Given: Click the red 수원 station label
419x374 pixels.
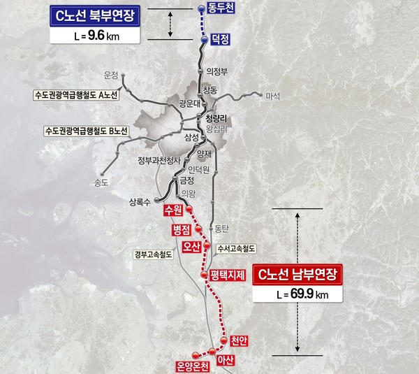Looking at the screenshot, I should [x=171, y=210].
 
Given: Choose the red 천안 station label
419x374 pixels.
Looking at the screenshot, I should [x=239, y=341].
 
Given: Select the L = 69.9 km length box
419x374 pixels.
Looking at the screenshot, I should [x=301, y=294].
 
